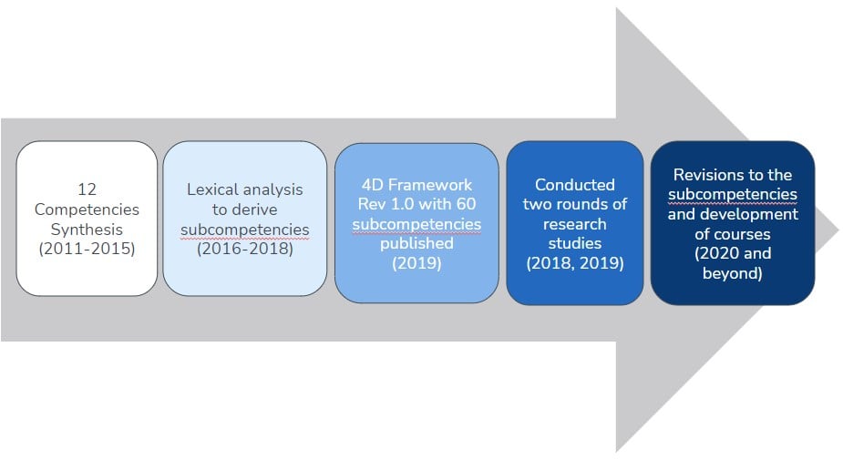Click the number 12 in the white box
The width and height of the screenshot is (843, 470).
tap(87, 189)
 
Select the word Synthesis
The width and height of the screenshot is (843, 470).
tap(87, 230)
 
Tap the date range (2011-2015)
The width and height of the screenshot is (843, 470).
tap(87, 249)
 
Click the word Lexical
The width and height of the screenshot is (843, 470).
tap(211, 189)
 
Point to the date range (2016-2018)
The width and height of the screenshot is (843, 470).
tap(244, 249)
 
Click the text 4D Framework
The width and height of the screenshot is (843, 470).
tap(416, 185)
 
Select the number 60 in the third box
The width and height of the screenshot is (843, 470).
tap(466, 204)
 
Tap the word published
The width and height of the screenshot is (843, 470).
tap(416, 244)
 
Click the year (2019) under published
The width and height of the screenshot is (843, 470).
tap(416, 263)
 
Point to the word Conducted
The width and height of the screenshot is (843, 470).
tap(575, 185)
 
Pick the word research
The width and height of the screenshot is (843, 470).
tap(575, 224)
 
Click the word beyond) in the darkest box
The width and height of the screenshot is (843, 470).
tap(732, 273)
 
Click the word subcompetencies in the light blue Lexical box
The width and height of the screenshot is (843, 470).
tap(244, 230)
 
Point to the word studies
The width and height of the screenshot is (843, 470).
tap(575, 244)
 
